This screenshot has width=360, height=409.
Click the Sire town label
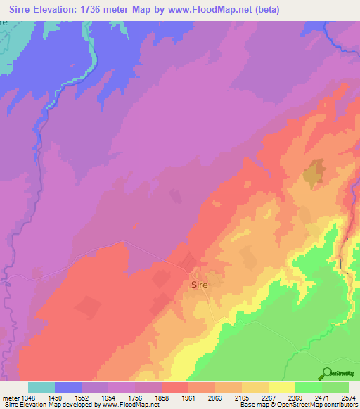coord(198,286)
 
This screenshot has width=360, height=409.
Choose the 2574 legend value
coord(349,397)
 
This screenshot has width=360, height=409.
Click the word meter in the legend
coord(11,397)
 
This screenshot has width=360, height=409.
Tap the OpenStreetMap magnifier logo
coord(326,373)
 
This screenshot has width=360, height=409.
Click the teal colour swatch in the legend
coord(41,387)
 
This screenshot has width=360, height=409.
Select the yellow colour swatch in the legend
coord(281,387)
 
